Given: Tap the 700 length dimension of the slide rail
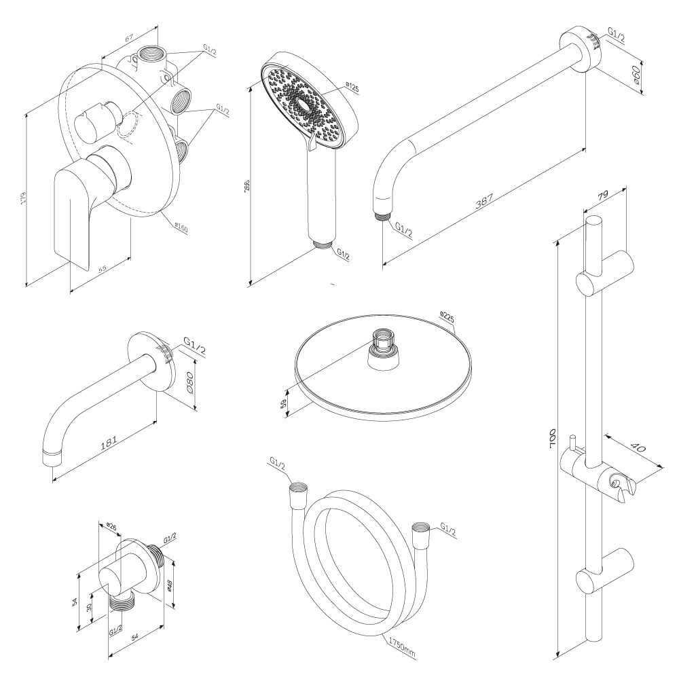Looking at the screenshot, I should [553, 439].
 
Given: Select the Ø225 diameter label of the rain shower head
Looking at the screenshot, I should [446, 316].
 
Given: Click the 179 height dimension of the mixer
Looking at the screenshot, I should [23, 198].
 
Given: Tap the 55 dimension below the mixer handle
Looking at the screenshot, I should [102, 269].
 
